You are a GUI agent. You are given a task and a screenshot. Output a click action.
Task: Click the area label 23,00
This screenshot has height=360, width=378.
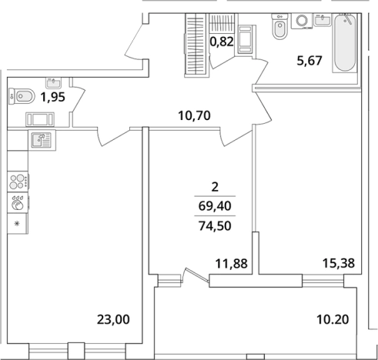click(x=113, y=319)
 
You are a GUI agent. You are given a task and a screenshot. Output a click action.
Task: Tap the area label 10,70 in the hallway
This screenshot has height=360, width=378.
click(x=194, y=115)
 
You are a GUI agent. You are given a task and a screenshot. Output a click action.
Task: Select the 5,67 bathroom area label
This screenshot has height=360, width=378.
click(x=309, y=61)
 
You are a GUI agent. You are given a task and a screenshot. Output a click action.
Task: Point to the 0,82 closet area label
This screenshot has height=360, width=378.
click(x=222, y=42)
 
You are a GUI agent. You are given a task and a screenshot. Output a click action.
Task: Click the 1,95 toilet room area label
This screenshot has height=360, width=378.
click(x=53, y=97)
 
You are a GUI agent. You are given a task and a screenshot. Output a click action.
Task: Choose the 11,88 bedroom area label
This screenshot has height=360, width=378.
click(x=232, y=263)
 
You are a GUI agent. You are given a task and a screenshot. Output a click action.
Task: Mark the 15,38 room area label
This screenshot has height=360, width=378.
click(x=339, y=263)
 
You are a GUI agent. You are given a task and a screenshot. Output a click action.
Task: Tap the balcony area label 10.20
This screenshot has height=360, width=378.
click(x=333, y=319)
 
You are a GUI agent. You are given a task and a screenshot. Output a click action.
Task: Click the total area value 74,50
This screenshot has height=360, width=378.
click(x=215, y=226)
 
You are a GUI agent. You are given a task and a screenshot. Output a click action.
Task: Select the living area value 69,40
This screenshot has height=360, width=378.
click(x=215, y=206)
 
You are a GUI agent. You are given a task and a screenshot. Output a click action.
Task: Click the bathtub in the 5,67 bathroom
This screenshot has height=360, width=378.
click(x=345, y=42)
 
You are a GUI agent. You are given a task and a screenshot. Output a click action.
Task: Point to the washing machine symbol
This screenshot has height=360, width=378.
click(x=302, y=21)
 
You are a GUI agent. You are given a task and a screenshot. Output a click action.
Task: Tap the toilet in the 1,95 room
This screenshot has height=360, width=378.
click(x=22, y=96)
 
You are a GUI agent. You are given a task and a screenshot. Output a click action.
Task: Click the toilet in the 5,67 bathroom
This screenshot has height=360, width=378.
click(x=279, y=26)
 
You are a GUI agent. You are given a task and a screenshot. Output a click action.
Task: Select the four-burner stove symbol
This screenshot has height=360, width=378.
click(x=18, y=182)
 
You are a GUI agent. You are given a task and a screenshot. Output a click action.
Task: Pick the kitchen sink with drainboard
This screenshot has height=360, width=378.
click(x=42, y=140)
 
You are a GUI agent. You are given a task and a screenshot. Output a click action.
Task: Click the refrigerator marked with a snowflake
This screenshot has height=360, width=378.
click(x=18, y=224)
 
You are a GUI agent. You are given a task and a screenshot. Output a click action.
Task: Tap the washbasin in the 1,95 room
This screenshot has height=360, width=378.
click(x=53, y=83)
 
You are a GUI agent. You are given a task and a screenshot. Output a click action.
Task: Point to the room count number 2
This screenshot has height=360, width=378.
click(x=215, y=187)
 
